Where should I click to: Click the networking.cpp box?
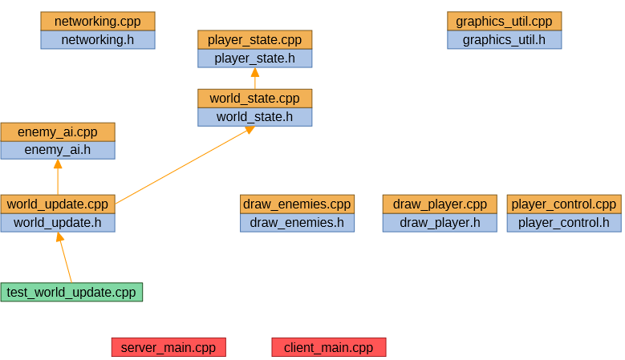[98, 21]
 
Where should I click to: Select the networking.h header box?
[98, 39]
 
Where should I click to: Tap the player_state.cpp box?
[254, 40]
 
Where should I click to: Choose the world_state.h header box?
[254, 117]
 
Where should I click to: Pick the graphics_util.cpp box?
[504, 21]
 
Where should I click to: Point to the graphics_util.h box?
[504, 39]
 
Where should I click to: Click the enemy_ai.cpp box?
[58, 132]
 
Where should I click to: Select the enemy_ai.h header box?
[58, 150]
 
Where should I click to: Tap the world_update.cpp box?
[58, 204]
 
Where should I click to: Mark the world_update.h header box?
[58, 222]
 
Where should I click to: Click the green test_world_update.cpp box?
[71, 292]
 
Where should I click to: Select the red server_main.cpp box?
[168, 347]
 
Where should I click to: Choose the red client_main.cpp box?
[329, 347]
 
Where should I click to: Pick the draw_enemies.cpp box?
[297, 204]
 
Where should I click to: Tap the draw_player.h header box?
[440, 222]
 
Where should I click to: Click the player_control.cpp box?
[564, 204]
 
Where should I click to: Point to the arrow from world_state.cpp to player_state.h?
[254, 79]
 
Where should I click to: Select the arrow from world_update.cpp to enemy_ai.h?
[58, 177]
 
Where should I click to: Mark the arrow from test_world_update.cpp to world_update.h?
[64, 257]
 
